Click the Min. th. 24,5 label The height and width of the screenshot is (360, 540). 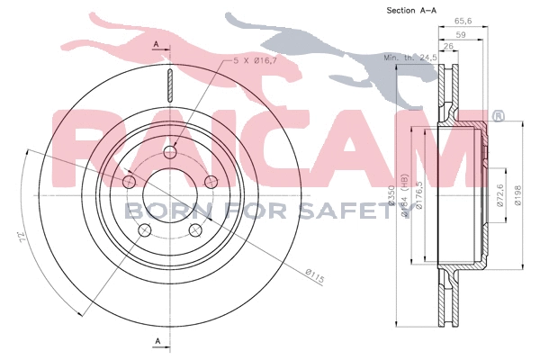(x=410, y=58)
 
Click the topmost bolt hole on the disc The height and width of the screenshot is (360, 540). (x=170, y=151)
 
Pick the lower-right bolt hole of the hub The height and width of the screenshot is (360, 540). (x=196, y=231)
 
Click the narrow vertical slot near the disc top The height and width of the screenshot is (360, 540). (x=170, y=85)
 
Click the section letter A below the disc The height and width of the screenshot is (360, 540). (x=157, y=340)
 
